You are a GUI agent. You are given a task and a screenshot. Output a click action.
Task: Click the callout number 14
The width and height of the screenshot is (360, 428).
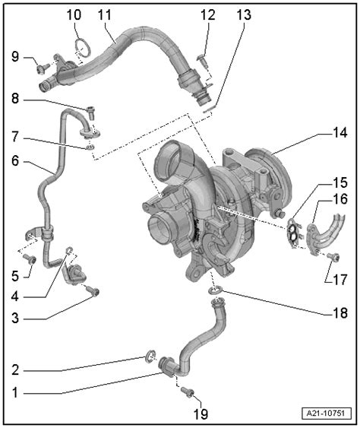click(339, 133)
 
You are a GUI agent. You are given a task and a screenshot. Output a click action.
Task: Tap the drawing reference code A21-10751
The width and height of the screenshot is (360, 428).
click(327, 413)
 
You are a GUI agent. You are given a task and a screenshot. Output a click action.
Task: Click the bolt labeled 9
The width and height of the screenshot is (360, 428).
click(43, 68)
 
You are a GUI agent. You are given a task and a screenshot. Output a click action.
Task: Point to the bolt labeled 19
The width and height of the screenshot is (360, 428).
click(188, 392)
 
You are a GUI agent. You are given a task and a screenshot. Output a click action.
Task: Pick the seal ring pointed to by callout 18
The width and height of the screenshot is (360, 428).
click(215, 290)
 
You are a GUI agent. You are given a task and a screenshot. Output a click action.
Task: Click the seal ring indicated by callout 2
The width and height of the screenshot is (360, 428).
click(150, 356)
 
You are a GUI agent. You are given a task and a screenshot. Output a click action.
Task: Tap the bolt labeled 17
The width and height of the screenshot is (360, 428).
click(333, 257)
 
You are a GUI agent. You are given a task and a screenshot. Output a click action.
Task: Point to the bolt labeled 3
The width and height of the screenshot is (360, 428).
click(93, 291)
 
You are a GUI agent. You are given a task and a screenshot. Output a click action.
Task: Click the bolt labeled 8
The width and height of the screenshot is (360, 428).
click(91, 113)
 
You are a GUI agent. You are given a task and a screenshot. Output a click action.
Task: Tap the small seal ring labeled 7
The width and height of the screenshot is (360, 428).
click(90, 147)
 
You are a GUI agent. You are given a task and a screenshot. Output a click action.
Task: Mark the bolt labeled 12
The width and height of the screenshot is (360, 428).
click(203, 61)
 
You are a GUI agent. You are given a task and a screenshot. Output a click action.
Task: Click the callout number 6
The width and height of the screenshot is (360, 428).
click(15, 160)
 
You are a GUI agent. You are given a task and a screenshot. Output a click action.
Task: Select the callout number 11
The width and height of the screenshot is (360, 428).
click(105, 14)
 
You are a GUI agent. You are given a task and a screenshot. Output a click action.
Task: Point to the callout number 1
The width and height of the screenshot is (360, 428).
click(14, 393)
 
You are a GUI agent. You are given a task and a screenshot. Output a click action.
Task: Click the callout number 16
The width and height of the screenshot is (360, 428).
click(339, 199)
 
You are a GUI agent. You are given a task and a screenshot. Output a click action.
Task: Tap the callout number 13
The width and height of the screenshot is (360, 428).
click(244, 14)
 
